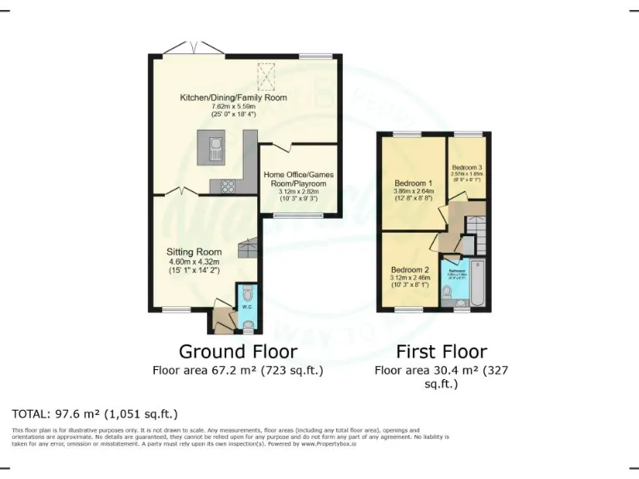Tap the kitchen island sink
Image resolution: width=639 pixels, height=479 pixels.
coord(215,150)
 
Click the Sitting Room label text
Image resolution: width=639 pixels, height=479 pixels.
coord(194,252)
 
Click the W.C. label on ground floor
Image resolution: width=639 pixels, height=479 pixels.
coord(246,307)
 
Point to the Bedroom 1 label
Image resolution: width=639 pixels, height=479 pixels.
coord(413,183)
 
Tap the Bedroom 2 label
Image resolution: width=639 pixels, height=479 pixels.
coord(409,269)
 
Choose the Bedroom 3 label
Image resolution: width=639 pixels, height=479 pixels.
coord(467,168)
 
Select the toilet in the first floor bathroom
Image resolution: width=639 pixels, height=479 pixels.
coord(447,291)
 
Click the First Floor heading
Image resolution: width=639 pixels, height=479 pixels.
coord(441,351)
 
